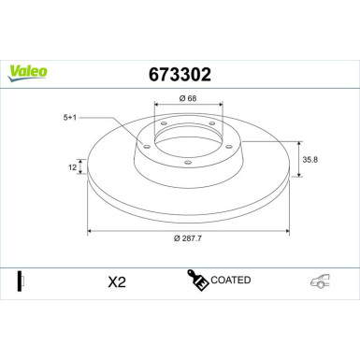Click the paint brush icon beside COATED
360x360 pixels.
click(x=198, y=281)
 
